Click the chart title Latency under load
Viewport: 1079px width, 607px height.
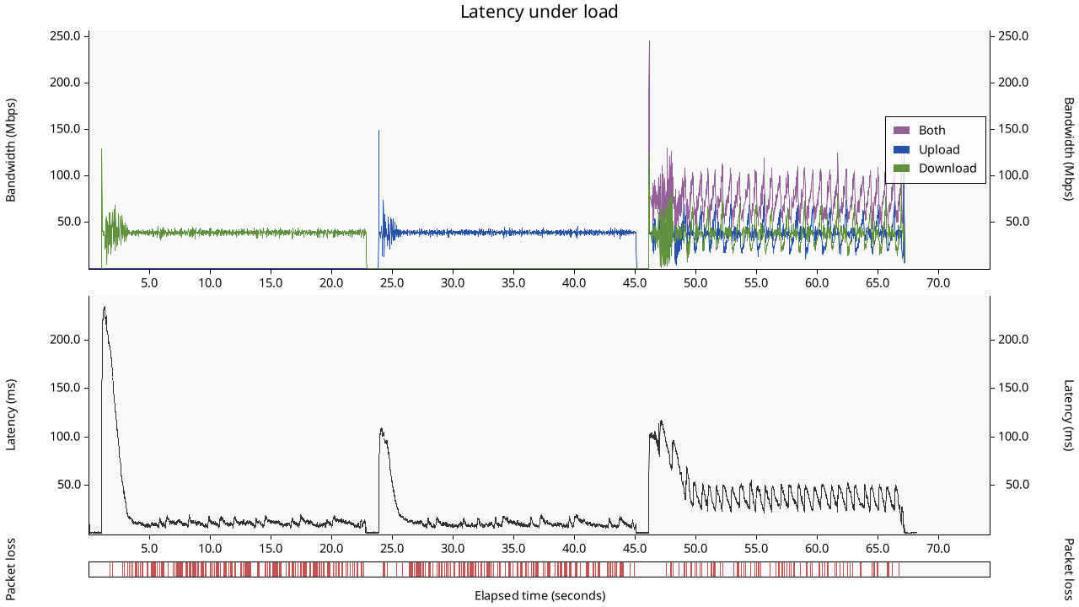pyautogui.click(x=539, y=12)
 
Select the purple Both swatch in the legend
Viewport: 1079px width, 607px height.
pyautogui.click(x=902, y=130)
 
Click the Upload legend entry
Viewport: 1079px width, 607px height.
pyautogui.click(x=939, y=149)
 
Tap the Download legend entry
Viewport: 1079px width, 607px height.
pyautogui.click(x=947, y=169)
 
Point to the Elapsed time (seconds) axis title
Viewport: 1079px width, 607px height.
pyautogui.click(x=539, y=596)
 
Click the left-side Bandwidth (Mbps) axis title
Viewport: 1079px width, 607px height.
pyautogui.click(x=11, y=150)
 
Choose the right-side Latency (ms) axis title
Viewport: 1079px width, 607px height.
pyautogui.click(x=1068, y=415)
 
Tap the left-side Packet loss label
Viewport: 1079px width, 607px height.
pyautogui.click(x=11, y=569)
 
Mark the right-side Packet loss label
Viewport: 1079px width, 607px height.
pyautogui.click(x=1068, y=569)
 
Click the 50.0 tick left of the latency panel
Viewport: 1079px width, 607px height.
pyautogui.click(x=70, y=485)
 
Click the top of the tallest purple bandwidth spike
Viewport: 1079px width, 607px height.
pyautogui.click(x=649, y=41)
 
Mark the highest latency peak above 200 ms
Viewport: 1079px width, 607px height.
pyautogui.click(x=104, y=307)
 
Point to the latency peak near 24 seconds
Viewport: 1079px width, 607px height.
pyautogui.click(x=381, y=428)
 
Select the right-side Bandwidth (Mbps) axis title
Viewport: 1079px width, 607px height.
pyautogui.click(x=1068, y=150)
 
